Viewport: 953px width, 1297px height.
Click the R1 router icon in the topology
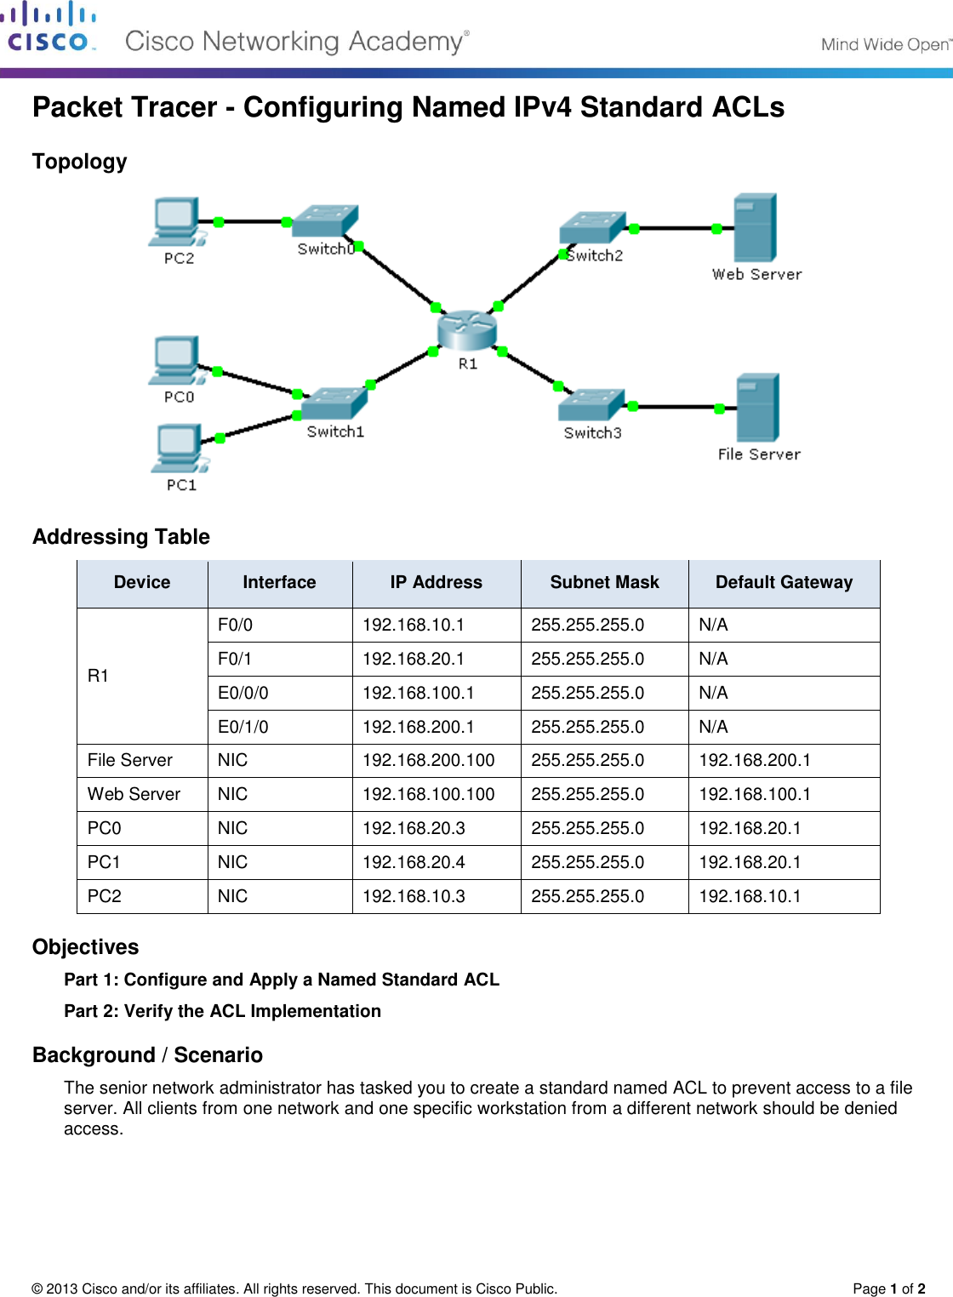tap(466, 330)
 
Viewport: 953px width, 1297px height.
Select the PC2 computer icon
tap(176, 221)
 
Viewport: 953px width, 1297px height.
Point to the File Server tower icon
tap(757, 407)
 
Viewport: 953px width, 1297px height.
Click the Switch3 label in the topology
tap(592, 433)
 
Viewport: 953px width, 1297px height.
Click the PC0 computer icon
tap(177, 361)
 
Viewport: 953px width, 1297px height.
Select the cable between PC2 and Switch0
tap(255, 221)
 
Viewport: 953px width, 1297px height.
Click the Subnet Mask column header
tap(604, 583)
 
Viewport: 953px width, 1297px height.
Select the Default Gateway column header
tap(784, 583)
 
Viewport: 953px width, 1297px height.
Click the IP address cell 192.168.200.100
tap(429, 760)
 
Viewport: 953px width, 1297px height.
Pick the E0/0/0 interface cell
tap(243, 693)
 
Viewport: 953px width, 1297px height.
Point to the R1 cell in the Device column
tap(99, 676)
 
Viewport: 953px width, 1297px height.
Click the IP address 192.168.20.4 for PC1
tap(414, 862)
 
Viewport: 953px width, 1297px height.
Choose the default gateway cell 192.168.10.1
tap(750, 896)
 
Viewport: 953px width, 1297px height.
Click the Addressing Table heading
tap(121, 537)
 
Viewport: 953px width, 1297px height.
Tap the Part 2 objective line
tap(223, 1011)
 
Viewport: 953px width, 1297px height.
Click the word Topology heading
tap(80, 162)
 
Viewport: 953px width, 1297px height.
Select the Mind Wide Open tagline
tap(885, 44)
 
